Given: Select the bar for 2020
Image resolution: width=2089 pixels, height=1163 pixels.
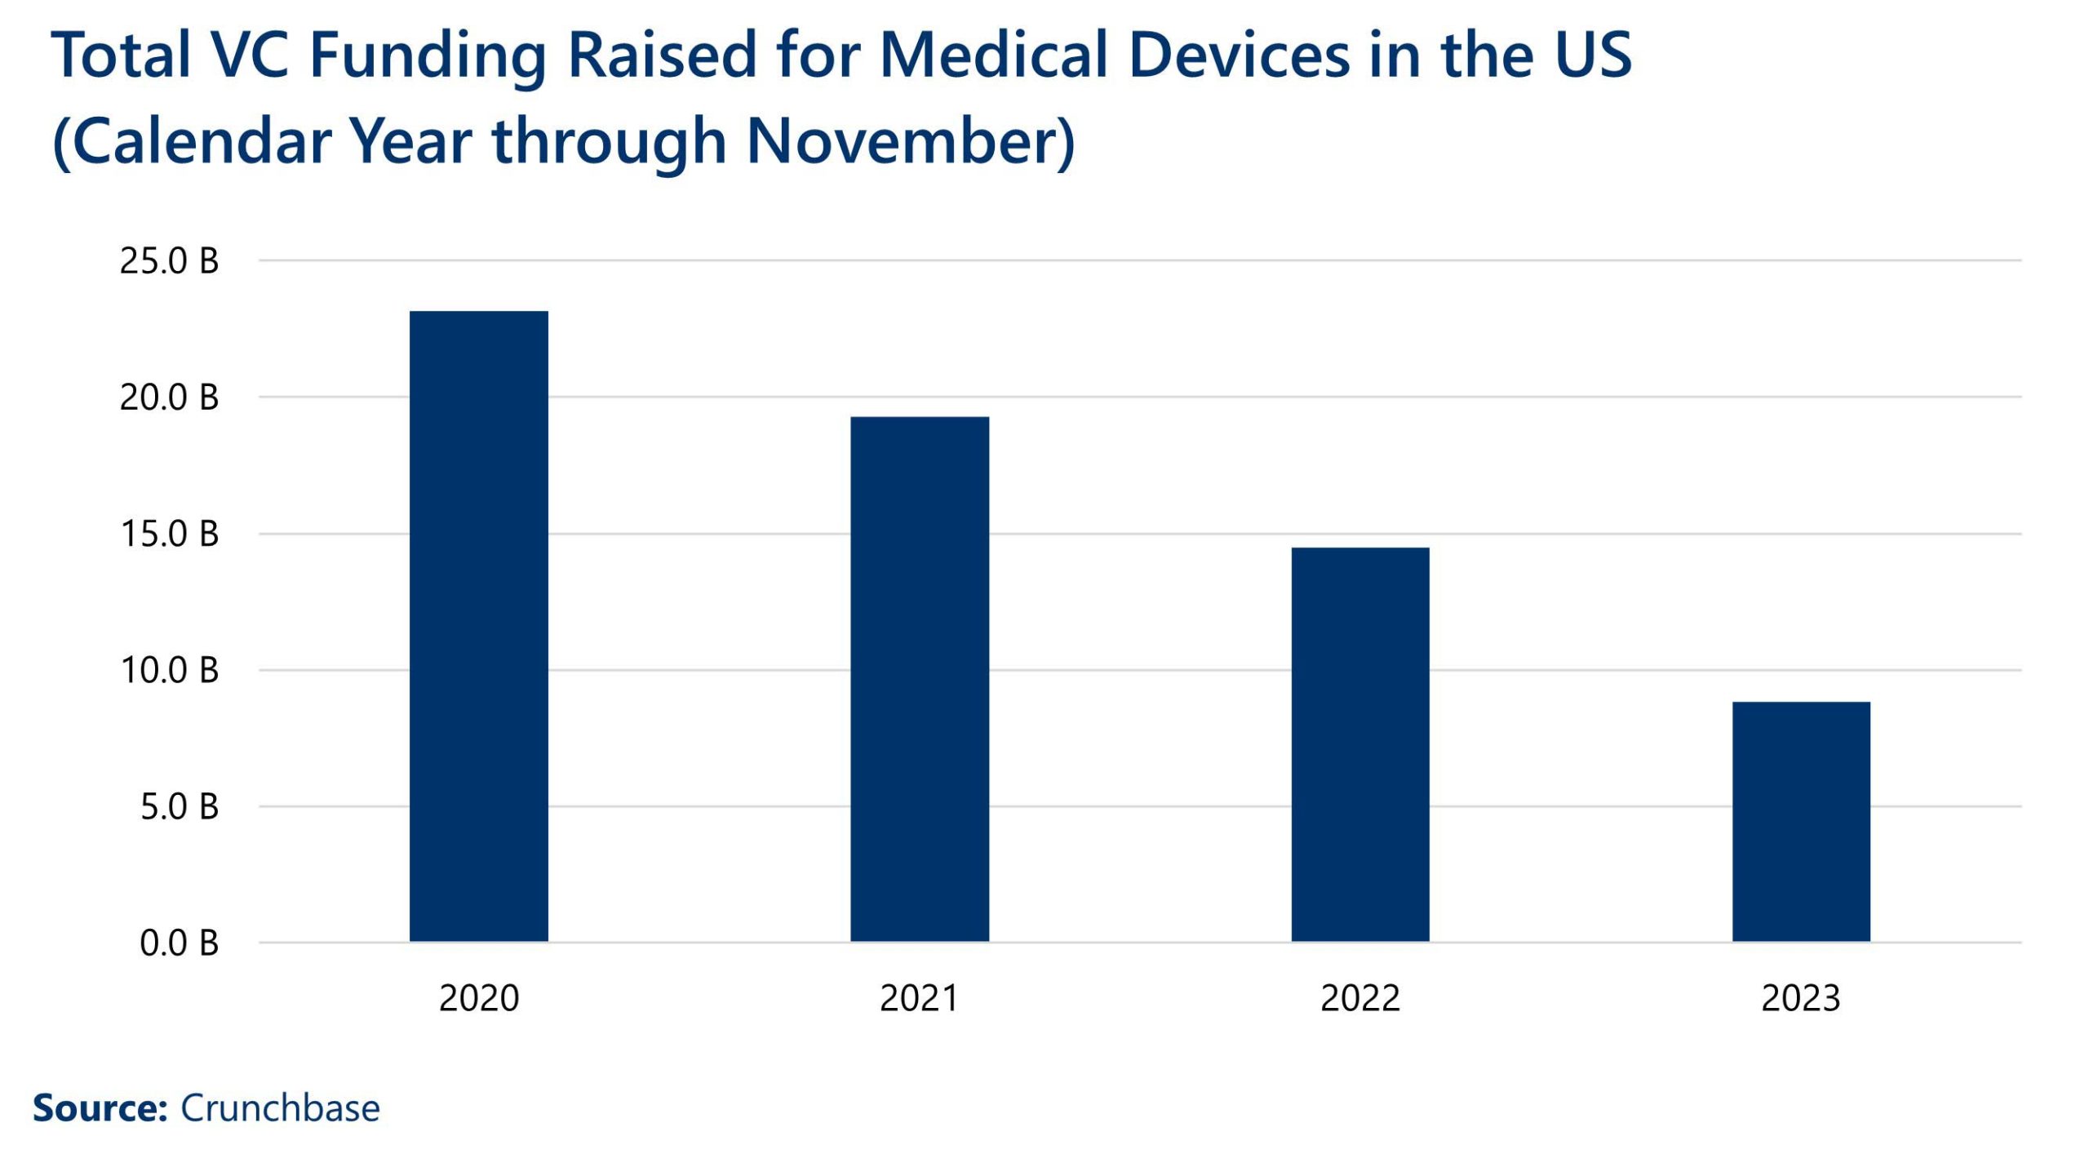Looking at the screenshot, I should tap(478, 626).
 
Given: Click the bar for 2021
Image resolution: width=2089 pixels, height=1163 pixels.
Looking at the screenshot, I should tap(919, 679).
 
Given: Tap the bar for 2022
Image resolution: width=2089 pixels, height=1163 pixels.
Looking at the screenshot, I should tap(1359, 744).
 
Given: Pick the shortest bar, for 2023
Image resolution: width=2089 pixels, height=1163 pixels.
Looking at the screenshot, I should tap(1801, 821).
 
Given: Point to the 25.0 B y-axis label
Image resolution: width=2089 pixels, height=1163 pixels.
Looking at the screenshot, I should tap(169, 261).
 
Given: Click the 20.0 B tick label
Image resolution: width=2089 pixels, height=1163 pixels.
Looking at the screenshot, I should tap(169, 397).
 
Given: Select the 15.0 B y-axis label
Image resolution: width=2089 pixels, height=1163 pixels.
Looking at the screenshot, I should tap(169, 534).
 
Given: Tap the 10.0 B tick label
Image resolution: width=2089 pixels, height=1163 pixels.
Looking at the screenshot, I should tap(169, 670).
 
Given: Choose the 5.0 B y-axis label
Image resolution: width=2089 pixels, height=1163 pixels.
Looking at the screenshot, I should tap(179, 806).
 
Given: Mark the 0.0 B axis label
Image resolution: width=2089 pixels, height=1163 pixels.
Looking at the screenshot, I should tap(179, 943).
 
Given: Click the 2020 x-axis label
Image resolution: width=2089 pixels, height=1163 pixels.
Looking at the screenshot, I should tap(479, 998).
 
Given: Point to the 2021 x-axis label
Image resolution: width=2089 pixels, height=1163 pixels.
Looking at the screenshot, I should tap(919, 998).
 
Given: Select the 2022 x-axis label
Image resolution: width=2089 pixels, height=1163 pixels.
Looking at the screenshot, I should tap(1360, 998).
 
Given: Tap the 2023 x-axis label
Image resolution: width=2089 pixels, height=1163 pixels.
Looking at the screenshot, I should tap(1801, 998).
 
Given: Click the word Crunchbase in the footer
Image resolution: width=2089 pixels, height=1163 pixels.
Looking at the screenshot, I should tap(280, 1108).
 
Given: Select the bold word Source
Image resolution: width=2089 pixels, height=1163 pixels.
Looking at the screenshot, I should tap(99, 1108).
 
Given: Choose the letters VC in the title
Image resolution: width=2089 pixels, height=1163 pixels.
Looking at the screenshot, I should tap(249, 55).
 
